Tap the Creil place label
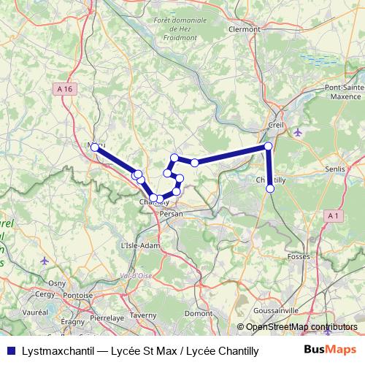(276, 125)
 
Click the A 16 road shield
(65, 88)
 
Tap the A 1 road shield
(333, 215)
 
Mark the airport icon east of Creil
(297, 131)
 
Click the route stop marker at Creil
(268, 147)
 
